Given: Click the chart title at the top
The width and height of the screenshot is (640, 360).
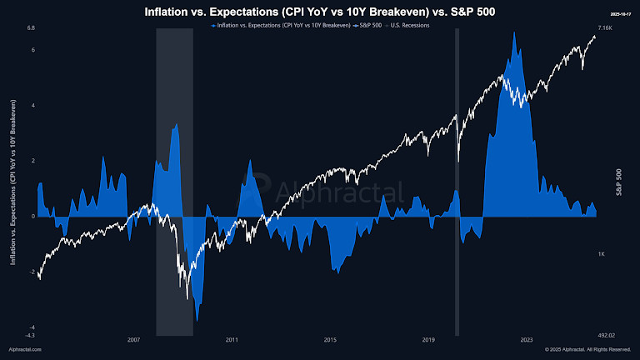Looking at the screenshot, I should tap(320, 12).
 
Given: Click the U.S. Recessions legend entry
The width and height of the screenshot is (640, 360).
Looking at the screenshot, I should tap(407, 26).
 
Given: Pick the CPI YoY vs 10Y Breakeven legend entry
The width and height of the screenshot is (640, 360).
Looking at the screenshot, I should tap(279, 26).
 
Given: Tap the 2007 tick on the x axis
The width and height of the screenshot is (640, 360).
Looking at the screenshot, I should tap(133, 340).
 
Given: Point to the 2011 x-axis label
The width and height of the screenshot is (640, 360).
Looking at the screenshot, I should tap(232, 340).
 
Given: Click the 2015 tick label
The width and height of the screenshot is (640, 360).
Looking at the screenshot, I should tap(330, 340).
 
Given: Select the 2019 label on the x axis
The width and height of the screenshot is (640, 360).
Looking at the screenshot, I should tap(428, 340).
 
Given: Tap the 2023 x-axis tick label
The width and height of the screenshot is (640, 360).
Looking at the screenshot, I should tap(527, 340).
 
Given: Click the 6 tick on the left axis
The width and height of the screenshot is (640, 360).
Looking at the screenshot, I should tap(32, 50).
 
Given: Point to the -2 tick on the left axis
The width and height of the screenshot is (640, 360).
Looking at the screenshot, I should tap(31, 272).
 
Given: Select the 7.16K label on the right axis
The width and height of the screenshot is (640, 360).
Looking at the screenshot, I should tap(606, 28).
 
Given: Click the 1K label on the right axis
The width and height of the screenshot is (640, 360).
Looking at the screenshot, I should tap(601, 253).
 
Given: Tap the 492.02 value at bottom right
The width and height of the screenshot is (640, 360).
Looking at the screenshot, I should tap(606, 335).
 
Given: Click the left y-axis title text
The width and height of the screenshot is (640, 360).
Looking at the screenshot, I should tap(12, 182).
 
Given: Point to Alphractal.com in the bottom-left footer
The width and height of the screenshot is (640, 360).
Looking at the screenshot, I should tap(25, 350).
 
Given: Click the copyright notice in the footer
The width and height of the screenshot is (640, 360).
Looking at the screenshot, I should tap(588, 350).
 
